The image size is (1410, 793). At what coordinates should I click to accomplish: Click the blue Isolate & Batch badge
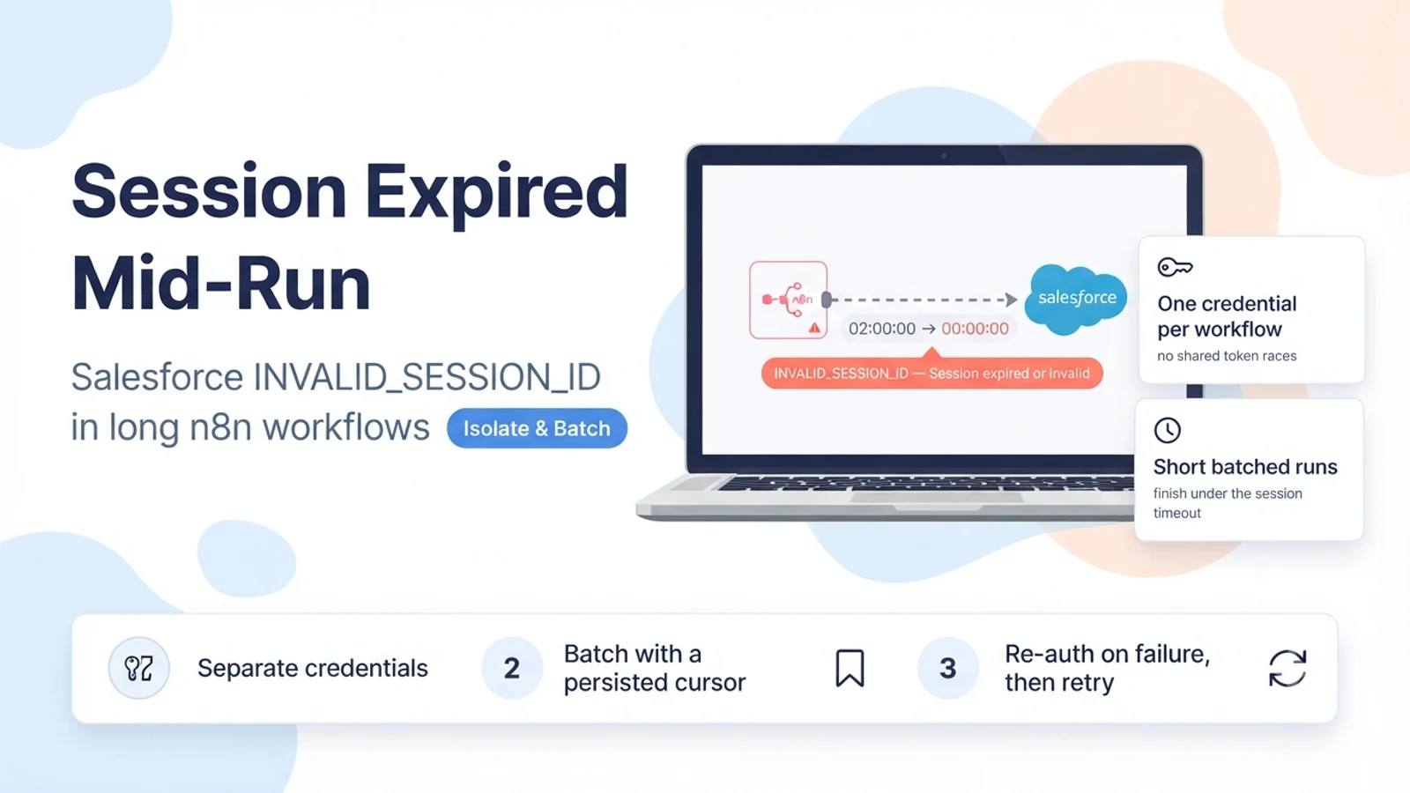coord(537,428)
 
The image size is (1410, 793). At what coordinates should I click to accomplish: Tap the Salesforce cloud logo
coord(1076,300)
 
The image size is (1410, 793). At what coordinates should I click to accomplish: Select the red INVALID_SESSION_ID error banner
coord(931,374)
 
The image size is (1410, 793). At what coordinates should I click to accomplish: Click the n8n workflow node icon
coord(788,300)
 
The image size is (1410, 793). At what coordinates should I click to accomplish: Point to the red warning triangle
coord(814,328)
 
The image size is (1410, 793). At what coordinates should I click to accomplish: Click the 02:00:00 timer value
coord(882,329)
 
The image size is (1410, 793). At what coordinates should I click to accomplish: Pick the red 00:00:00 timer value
coord(975,329)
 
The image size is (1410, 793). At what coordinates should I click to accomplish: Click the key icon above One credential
coord(1175,268)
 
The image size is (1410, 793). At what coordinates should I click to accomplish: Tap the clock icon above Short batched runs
coord(1168,431)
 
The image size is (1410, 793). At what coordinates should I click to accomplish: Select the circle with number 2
coord(512,668)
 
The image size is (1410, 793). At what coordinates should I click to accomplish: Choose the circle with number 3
coord(948,668)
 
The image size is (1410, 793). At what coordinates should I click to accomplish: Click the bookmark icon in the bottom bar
coord(850,668)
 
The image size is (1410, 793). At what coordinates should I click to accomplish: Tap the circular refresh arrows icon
coord(1288,668)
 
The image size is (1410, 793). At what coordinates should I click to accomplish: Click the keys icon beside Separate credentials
coord(138,668)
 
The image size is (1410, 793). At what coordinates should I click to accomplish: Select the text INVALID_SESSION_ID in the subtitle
coord(427,377)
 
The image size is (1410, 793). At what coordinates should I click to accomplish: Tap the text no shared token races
coord(1227,356)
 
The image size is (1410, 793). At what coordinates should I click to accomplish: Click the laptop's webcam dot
coord(944,155)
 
